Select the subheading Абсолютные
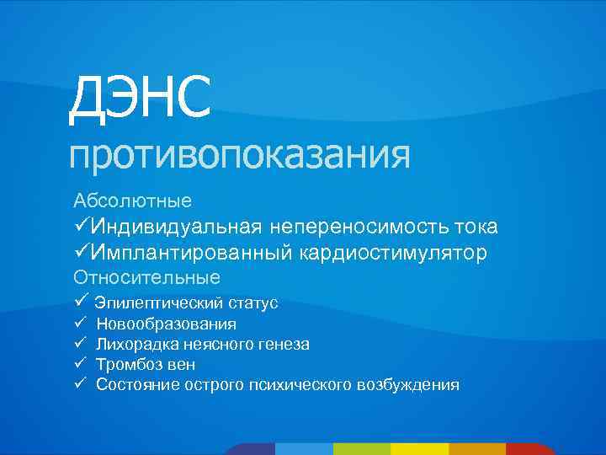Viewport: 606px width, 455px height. point(132,201)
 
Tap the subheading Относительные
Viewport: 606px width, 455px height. point(146,277)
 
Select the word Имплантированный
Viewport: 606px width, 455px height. point(190,253)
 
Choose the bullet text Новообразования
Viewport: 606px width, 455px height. point(166,324)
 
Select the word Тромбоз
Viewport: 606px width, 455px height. point(130,364)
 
